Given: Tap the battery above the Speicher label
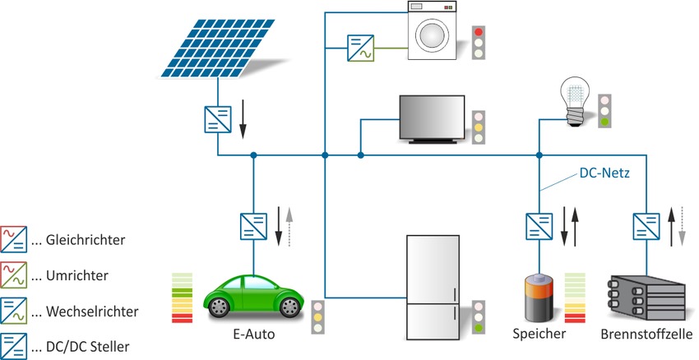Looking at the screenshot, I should pos(541,299).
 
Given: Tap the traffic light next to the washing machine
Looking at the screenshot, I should pos(478,44).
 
